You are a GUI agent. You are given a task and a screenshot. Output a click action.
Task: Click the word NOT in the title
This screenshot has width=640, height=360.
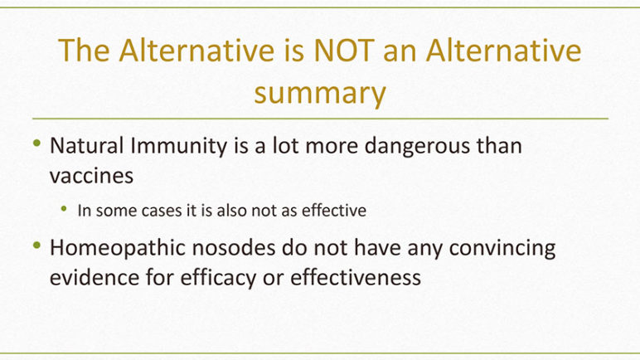pyautogui.click(x=344, y=51)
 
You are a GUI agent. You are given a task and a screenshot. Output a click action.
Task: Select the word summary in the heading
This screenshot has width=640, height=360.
pyautogui.click(x=320, y=94)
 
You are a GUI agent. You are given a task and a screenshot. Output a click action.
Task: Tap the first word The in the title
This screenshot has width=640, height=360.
pyautogui.click(x=84, y=51)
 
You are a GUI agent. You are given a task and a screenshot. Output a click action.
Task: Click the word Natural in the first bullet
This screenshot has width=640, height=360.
pyautogui.click(x=86, y=145)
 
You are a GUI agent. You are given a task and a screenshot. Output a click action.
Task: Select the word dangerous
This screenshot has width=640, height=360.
pyautogui.click(x=417, y=146)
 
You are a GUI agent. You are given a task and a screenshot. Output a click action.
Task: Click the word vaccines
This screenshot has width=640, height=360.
pyautogui.click(x=91, y=177)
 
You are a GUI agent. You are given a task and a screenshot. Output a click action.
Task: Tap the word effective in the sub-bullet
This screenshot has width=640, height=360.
pyautogui.click(x=334, y=211)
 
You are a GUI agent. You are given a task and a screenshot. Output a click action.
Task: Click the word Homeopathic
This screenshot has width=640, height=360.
pyautogui.click(x=118, y=248)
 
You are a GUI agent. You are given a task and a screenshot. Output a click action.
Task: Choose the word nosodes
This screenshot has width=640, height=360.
pyautogui.click(x=234, y=248)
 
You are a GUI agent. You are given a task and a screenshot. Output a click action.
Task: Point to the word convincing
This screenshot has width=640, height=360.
pyautogui.click(x=502, y=248)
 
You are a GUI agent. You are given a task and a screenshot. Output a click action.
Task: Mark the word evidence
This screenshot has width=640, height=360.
pyautogui.click(x=95, y=278)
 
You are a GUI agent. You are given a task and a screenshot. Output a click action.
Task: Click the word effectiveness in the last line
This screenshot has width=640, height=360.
pyautogui.click(x=356, y=278)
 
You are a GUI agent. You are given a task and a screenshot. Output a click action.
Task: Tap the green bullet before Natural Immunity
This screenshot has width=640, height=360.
pyautogui.click(x=37, y=143)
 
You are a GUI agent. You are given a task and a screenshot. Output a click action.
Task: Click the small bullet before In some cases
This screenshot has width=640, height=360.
pyautogui.click(x=64, y=209)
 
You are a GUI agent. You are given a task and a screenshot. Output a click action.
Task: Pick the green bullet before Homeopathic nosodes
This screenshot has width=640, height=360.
pyautogui.click(x=37, y=246)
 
